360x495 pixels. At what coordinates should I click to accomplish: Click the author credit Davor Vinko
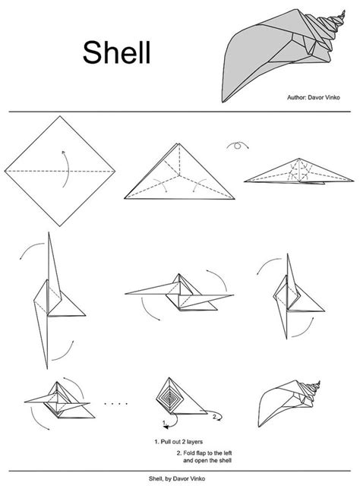[x=317, y=98]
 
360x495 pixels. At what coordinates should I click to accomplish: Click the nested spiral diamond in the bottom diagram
[x=172, y=399]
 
